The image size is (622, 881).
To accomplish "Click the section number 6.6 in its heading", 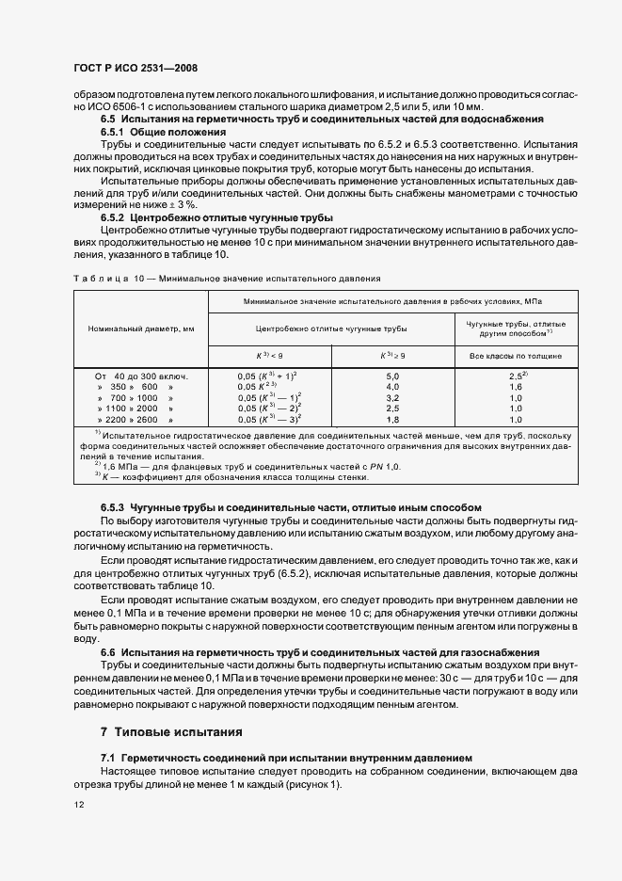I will tap(110, 652).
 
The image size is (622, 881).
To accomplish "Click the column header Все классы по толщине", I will tap(508, 357).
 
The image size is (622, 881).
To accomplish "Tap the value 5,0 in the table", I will tap(393, 376).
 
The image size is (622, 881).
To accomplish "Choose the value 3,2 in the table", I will tap(393, 398).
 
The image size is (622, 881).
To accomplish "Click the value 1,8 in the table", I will tap(393, 420).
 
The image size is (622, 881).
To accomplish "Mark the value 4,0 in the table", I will tap(393, 387).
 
